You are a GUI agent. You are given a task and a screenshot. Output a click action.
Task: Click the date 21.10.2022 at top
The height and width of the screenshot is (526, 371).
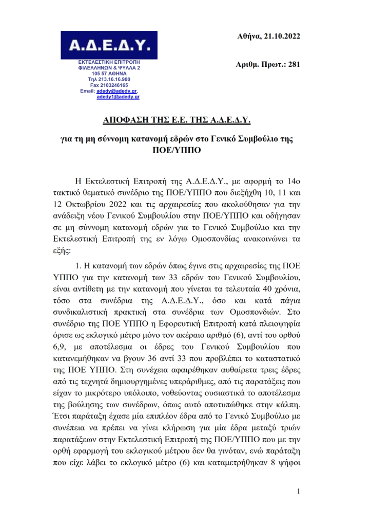[x=281, y=37]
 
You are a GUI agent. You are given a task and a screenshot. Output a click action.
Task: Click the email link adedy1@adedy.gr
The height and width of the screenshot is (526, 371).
[x=118, y=96]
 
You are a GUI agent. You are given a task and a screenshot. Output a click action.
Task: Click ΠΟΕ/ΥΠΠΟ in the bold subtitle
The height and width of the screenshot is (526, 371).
[x=185, y=151]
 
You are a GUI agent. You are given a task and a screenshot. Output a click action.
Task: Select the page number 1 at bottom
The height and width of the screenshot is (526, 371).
[x=298, y=492]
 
